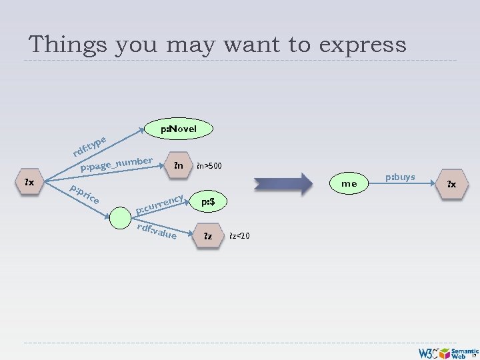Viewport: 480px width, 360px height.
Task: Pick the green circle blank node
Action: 121,217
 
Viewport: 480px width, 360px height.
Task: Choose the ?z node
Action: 207,236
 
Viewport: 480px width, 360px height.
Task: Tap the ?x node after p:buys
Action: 451,184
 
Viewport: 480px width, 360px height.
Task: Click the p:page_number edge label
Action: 117,164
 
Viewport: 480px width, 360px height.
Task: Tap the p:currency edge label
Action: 160,205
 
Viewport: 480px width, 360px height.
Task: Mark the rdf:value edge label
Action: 157,230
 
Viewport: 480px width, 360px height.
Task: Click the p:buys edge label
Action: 400,177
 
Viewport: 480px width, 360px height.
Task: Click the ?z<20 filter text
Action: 239,236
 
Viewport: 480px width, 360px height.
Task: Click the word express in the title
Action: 363,45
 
